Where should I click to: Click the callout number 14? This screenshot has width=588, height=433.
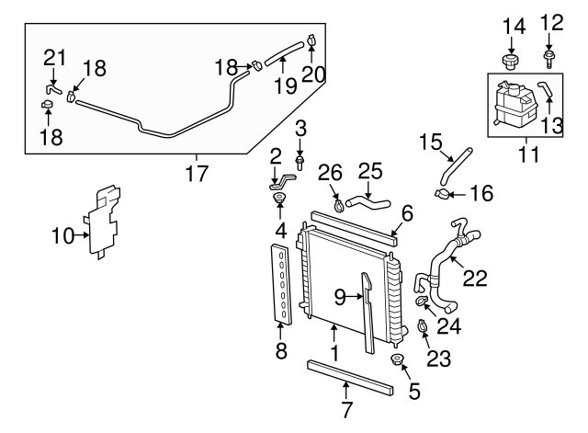tap(514, 26)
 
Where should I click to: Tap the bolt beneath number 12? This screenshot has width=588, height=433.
tap(548, 58)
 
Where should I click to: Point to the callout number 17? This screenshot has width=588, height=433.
tap(197, 172)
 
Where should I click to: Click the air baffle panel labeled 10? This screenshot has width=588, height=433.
tap(103, 222)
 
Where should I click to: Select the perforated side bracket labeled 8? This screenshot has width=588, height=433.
tap(281, 285)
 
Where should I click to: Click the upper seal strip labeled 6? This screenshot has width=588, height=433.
tap(353, 225)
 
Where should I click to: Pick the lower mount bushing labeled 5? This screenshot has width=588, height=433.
tap(398, 359)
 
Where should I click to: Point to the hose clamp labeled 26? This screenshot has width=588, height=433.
tap(340, 204)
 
